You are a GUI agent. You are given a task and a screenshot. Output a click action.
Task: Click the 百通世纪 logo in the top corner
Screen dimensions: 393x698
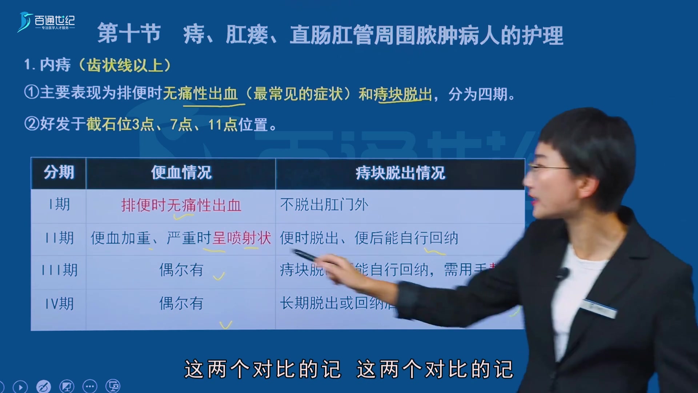tap(46, 22)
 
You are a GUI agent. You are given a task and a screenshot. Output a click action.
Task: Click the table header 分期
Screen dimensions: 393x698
tap(59, 172)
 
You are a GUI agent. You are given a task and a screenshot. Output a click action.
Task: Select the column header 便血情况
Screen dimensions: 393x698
tap(181, 172)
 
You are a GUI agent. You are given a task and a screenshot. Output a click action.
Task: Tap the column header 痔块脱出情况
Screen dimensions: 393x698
tap(400, 173)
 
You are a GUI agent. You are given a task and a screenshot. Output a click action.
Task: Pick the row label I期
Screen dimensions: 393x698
tap(59, 205)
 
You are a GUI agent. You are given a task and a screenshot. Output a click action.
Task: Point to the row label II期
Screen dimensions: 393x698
tap(59, 238)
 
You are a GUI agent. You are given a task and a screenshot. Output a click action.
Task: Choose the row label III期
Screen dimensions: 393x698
tap(59, 270)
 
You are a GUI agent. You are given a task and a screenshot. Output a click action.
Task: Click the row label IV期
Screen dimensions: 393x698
tap(59, 303)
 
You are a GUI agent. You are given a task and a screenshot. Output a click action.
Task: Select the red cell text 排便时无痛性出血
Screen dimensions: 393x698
tap(181, 205)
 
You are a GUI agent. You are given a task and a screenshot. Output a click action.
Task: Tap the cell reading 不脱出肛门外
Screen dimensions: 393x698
tap(324, 205)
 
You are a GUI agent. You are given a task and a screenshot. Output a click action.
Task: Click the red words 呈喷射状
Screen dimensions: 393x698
tap(242, 238)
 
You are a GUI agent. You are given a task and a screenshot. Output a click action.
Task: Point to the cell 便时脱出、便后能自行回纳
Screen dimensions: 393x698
tap(369, 238)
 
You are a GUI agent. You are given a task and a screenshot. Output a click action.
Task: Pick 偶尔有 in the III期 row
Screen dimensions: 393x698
tap(181, 270)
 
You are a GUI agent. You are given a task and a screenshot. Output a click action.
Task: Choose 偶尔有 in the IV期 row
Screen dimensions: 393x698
tap(181, 303)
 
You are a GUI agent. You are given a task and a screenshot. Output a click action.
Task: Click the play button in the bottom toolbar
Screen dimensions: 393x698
tap(20, 387)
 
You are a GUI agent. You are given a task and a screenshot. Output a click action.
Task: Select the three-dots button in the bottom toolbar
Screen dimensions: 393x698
tap(90, 386)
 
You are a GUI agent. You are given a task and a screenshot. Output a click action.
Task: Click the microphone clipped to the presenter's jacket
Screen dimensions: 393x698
tap(563, 273)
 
